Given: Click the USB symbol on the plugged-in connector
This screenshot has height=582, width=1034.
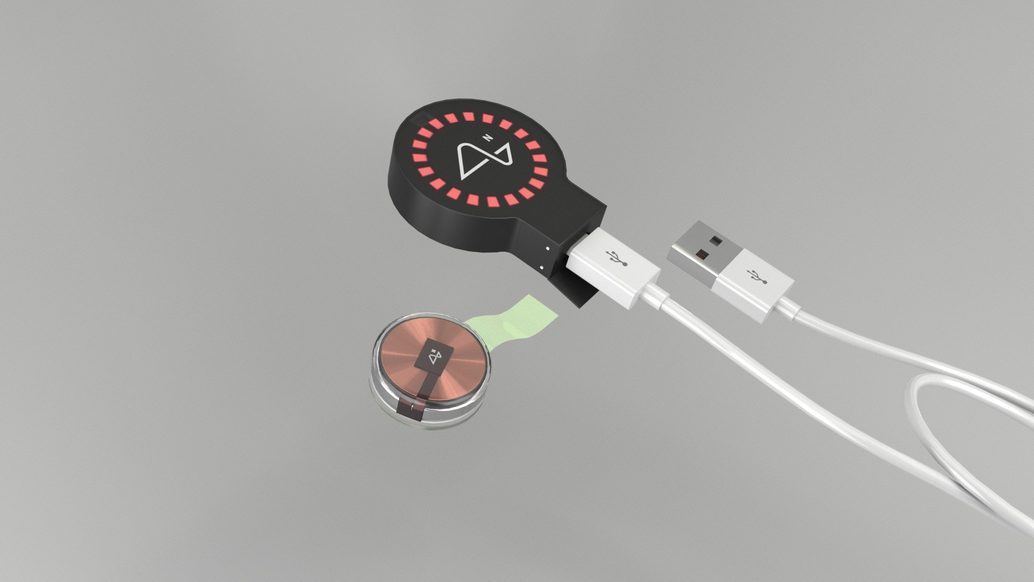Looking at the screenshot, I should click(x=618, y=258).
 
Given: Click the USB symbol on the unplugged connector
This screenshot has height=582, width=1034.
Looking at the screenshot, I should click(x=757, y=275).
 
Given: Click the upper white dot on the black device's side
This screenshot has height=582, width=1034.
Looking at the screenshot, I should click(x=547, y=248).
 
